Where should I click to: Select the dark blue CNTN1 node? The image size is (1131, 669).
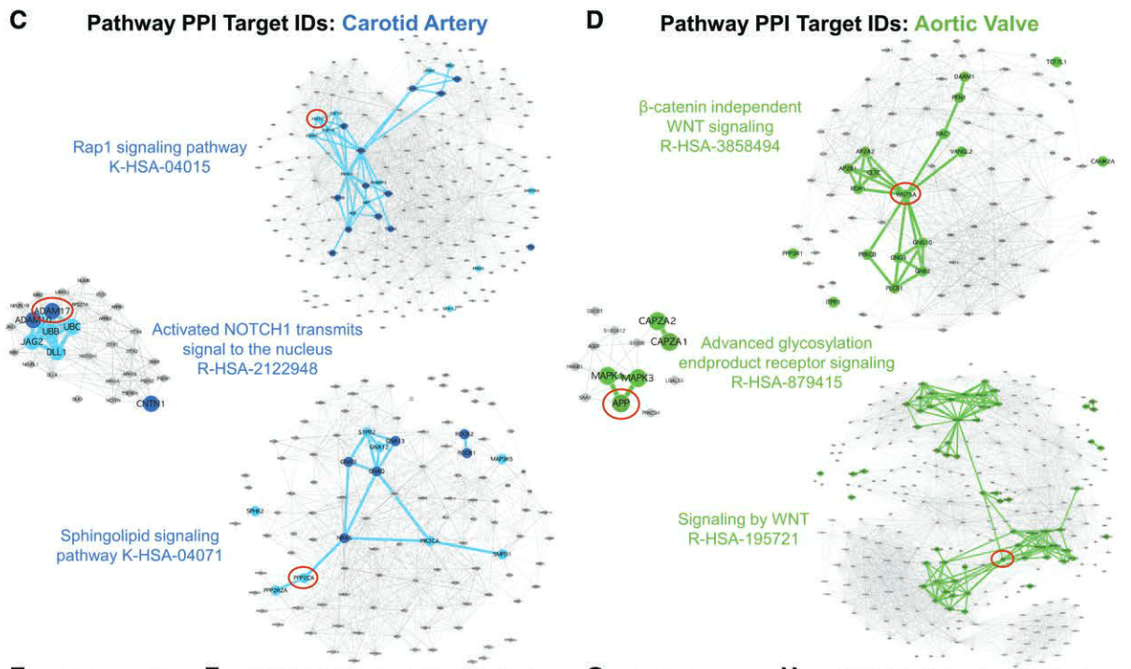point(150,406)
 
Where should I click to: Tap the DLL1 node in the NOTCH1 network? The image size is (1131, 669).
point(56,351)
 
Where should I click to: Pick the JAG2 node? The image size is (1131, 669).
point(32,341)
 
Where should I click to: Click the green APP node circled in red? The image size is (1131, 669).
point(621,404)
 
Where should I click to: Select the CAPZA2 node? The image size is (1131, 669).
point(657,320)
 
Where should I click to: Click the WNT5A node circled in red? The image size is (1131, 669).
point(905,193)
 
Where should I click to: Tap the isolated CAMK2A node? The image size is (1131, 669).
point(1103,162)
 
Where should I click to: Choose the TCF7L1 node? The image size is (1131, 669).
point(1056,63)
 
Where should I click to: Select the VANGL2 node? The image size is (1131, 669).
point(962,151)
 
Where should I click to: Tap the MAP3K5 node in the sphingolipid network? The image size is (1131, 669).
point(500,459)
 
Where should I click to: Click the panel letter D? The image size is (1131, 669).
point(594,21)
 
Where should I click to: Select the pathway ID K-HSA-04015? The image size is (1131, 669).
point(160,166)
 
